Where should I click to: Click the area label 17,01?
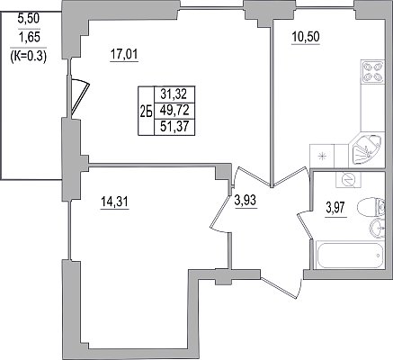(x=124, y=55)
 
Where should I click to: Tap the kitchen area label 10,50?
(x=306, y=38)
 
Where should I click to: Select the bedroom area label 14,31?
(x=114, y=202)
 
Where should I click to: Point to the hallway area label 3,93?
(x=245, y=201)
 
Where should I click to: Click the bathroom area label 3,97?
(x=336, y=207)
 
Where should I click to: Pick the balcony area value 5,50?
(x=29, y=19)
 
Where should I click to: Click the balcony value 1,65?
(x=29, y=38)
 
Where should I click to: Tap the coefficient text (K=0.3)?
(x=28, y=56)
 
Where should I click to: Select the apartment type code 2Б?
(x=146, y=112)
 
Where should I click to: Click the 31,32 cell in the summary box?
(x=174, y=94)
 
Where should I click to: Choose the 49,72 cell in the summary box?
(x=174, y=111)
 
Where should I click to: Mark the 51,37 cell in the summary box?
(x=174, y=127)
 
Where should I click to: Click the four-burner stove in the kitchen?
(x=372, y=71)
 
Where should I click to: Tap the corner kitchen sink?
(x=366, y=149)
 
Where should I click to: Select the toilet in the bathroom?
(x=371, y=206)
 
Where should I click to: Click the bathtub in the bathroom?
(x=349, y=256)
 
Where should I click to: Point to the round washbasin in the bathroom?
(x=378, y=229)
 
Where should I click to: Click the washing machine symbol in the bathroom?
(x=349, y=179)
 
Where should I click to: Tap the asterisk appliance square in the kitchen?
(x=322, y=156)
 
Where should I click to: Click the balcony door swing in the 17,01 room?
(x=79, y=96)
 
